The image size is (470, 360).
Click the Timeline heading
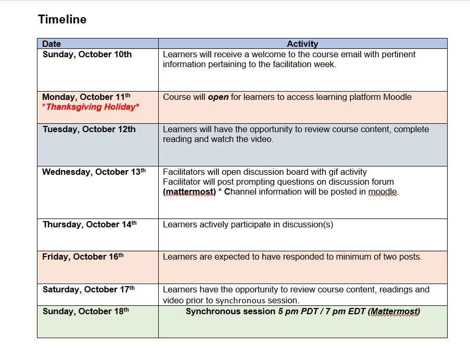coord(62,20)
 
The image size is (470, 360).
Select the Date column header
coord(52,44)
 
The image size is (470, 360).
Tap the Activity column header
coord(302,44)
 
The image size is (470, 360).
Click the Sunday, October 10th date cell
coord(87,54)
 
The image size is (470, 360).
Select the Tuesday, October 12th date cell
coord(89,129)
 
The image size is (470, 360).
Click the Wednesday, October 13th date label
coord(94,172)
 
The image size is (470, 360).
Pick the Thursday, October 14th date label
coord(90,224)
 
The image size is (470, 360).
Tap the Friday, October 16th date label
coord(83,256)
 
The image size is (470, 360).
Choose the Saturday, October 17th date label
coord(88,289)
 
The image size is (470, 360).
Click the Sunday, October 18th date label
coord(85,311)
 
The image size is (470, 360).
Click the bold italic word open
coord(218,97)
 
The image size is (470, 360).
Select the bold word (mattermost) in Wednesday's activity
coord(189,192)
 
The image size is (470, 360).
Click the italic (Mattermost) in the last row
coord(394,312)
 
